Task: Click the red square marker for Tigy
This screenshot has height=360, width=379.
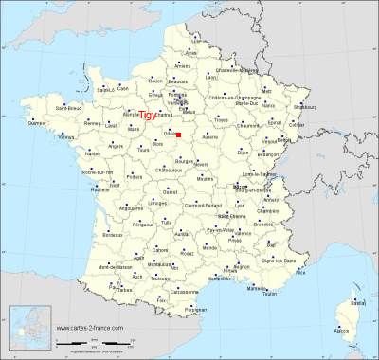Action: coord(178,135)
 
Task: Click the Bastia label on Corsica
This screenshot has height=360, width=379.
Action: coord(357,300)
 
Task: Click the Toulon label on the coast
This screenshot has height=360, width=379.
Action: coord(271,294)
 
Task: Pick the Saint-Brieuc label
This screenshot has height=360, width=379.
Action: coord(67,108)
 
